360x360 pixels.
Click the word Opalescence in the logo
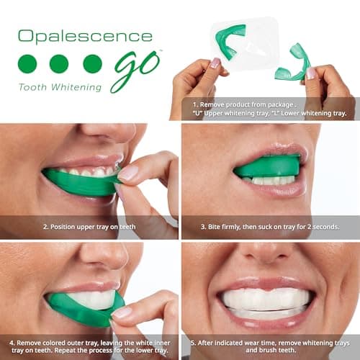point(85,36)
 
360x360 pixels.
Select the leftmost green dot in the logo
point(27,63)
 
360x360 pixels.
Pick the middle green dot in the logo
point(59,63)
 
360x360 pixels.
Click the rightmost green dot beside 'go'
point(92,63)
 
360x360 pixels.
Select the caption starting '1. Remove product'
point(268,108)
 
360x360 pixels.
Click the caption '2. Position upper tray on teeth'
point(89,227)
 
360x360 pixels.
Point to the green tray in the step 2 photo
point(79,181)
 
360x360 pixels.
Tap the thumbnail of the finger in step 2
point(128,173)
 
